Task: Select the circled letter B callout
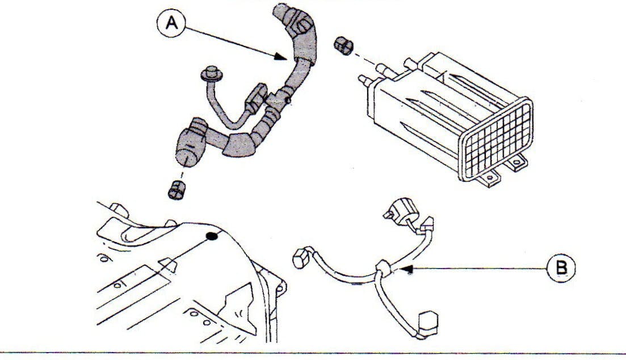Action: [561, 265]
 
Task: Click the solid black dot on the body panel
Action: [212, 237]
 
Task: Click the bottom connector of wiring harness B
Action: [427, 323]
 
